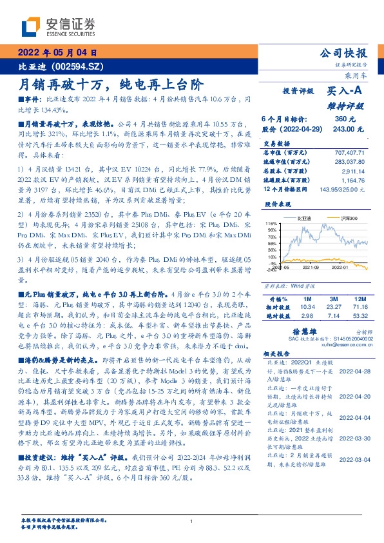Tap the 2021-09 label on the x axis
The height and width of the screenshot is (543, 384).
311,266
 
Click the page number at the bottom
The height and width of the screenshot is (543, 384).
191,521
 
